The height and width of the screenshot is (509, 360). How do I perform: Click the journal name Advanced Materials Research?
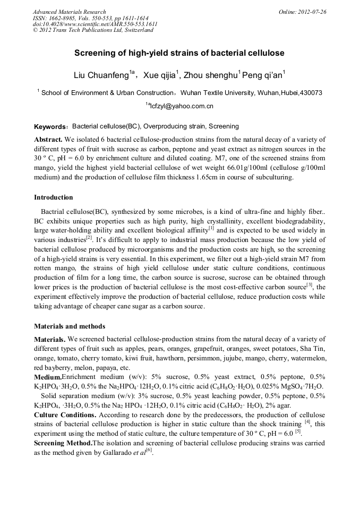pyautogui.click(x=69, y=12)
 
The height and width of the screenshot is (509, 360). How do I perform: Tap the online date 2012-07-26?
pyautogui.click(x=312, y=12)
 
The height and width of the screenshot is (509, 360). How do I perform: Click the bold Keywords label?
pyautogui.click(x=50, y=127)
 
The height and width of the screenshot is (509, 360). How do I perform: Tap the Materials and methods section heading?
pyautogui.click(x=70, y=326)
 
